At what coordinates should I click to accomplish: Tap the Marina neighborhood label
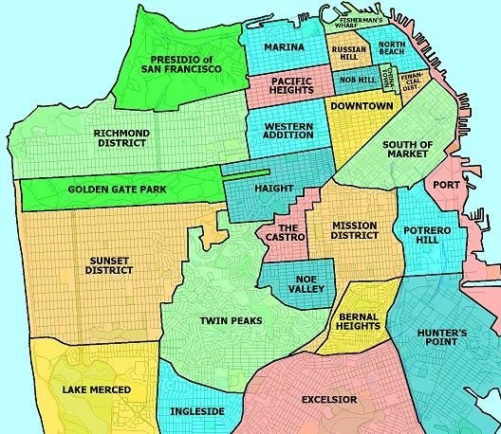pos(285,47)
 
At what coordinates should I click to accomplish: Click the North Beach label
pos(392,48)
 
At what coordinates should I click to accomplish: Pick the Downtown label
pos(362,106)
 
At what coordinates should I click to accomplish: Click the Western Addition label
pos(288,131)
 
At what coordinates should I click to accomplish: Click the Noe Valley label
pos(305,285)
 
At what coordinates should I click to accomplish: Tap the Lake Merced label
pos(96,389)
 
